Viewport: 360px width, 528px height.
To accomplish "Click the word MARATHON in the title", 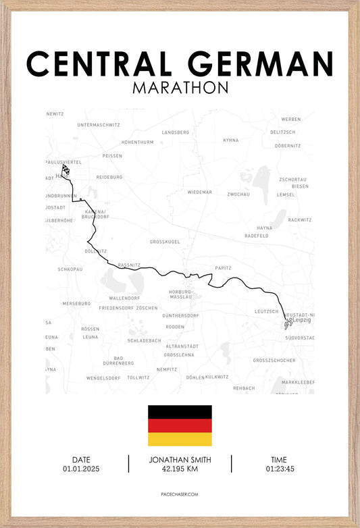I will pyautogui.click(x=180, y=88).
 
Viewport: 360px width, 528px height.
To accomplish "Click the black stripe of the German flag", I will pyautogui.click(x=180, y=412).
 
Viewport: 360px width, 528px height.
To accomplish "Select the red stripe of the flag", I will pyautogui.click(x=180, y=425).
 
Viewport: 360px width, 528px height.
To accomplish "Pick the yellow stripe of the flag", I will pyautogui.click(x=180, y=440).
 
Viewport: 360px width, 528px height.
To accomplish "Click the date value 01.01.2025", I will pyautogui.click(x=81, y=469).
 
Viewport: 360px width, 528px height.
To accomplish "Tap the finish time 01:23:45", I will pyautogui.click(x=280, y=469).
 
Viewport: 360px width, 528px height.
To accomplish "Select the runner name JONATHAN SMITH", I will pyautogui.click(x=180, y=460).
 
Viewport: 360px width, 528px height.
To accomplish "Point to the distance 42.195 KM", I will pyautogui.click(x=180, y=469).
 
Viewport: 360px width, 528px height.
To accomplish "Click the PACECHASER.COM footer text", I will pyautogui.click(x=180, y=494).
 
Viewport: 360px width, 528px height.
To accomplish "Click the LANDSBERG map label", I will pyautogui.click(x=176, y=132).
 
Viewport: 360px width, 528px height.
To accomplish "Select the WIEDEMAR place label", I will pyautogui.click(x=199, y=192).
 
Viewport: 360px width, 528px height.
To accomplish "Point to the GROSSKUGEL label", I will pyautogui.click(x=165, y=241).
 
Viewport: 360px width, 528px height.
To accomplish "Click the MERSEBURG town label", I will pyautogui.click(x=76, y=304).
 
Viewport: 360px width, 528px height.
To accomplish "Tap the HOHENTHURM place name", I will pyautogui.click(x=137, y=142).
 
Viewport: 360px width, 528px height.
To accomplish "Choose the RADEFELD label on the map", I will pyautogui.click(x=257, y=236).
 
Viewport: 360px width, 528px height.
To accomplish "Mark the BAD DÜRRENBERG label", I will pyautogui.click(x=118, y=361).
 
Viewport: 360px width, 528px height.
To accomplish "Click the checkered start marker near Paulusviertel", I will pyautogui.click(x=66, y=169).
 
